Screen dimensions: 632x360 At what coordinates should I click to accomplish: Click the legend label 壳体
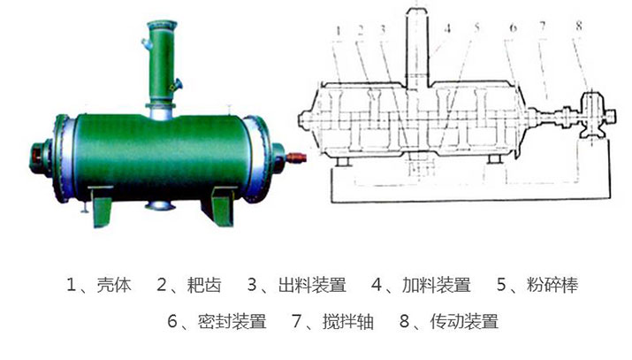click(114, 285)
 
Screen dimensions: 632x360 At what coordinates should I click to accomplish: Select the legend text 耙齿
click(204, 285)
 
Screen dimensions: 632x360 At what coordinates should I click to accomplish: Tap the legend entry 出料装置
click(312, 285)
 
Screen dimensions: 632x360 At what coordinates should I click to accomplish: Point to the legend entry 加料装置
click(437, 285)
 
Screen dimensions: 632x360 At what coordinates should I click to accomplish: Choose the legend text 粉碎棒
click(552, 285)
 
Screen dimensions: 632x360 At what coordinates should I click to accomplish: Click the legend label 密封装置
click(232, 321)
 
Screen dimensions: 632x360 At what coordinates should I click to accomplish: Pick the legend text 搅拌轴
click(348, 321)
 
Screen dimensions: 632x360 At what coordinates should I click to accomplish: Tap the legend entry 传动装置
click(464, 321)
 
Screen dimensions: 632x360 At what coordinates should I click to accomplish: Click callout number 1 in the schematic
click(339, 31)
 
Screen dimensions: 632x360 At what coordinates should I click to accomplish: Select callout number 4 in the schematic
click(447, 28)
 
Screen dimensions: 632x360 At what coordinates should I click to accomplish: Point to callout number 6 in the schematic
click(513, 27)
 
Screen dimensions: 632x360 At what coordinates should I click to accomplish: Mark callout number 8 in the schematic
click(579, 26)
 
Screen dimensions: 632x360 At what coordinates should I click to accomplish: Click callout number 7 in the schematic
click(543, 27)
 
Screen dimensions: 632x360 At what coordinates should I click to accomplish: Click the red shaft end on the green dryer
click(296, 157)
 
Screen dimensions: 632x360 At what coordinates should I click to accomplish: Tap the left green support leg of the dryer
click(101, 206)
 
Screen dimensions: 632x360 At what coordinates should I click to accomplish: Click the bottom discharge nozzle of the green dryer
click(160, 205)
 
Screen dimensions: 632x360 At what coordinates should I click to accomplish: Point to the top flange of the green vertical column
click(162, 25)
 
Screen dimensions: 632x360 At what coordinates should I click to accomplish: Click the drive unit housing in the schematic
click(591, 115)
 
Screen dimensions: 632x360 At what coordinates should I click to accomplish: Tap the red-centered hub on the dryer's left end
click(40, 157)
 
